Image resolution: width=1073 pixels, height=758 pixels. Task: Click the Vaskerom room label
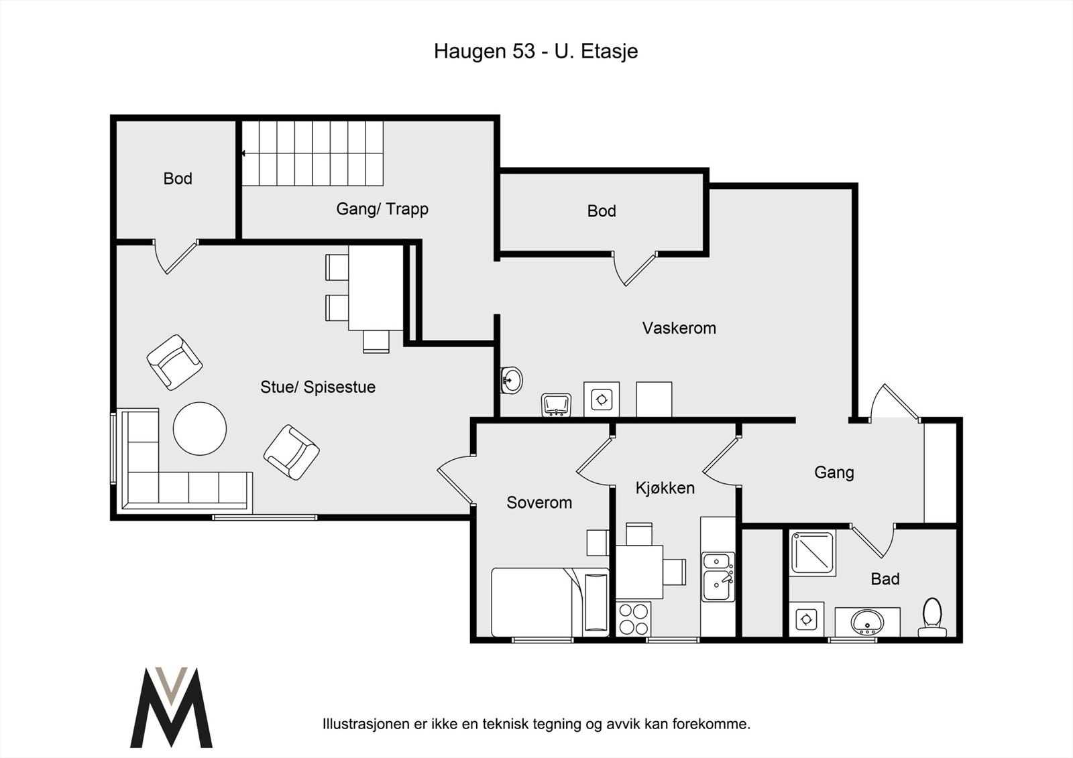click(679, 328)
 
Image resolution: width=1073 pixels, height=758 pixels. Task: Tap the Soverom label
click(539, 502)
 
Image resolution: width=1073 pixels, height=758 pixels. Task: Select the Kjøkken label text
click(665, 487)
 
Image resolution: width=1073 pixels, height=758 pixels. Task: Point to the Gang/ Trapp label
click(382, 209)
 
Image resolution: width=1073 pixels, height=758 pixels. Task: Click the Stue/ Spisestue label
click(318, 387)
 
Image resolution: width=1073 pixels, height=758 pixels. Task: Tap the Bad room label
click(885, 579)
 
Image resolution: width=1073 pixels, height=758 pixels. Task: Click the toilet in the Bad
click(931, 618)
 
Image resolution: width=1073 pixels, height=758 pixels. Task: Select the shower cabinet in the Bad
click(812, 552)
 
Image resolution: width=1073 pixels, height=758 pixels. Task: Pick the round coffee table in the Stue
click(200, 428)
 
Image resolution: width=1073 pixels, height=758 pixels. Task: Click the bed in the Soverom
click(550, 603)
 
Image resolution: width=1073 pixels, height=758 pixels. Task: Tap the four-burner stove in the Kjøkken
click(633, 619)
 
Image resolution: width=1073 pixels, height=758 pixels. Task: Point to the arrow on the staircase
click(243, 153)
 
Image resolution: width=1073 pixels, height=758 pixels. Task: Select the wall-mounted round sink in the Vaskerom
click(511, 380)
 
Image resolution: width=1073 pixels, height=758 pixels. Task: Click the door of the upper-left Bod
click(175, 257)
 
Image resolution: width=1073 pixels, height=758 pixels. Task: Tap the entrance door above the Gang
click(895, 402)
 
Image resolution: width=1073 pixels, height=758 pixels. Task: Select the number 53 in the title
click(524, 51)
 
